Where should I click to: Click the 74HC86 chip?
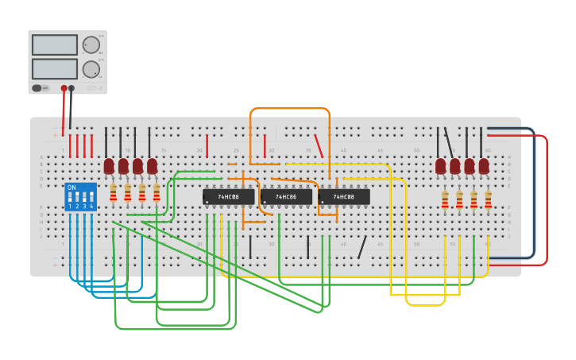click(x=286, y=196)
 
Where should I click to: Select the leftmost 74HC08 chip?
click(x=228, y=196)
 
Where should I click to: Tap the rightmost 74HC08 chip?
click(x=344, y=196)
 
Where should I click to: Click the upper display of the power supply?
click(x=55, y=45)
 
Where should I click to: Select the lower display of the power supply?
click(x=55, y=68)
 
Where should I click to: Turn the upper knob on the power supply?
click(x=91, y=45)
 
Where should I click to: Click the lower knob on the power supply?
click(x=91, y=69)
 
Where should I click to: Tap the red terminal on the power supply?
click(x=64, y=88)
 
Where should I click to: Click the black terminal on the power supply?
click(x=72, y=88)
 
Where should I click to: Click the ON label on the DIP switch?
click(x=72, y=188)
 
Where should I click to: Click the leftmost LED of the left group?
click(x=109, y=165)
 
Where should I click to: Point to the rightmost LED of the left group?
click(x=152, y=165)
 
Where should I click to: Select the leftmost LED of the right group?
click(x=441, y=165)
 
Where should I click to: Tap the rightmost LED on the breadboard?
click(x=484, y=165)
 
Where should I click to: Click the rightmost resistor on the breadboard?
click(x=489, y=199)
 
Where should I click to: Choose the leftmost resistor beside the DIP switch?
click(x=114, y=192)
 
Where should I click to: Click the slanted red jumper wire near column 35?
click(x=319, y=145)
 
